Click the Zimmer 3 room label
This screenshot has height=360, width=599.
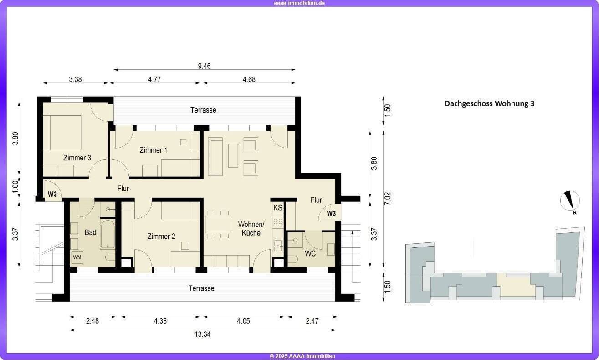pyautogui.click(x=77, y=158)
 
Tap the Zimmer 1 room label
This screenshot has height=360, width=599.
pyautogui.click(x=153, y=150)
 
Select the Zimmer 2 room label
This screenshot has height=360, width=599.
pyautogui.click(x=161, y=237)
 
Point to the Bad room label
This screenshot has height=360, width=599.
pyautogui.click(x=90, y=232)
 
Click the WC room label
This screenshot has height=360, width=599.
pyautogui.click(x=310, y=253)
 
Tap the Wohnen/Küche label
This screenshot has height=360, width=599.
pyautogui.click(x=251, y=228)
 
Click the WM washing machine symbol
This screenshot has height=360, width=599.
pyautogui.click(x=77, y=257)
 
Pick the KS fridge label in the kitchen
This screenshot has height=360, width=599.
pyautogui.click(x=277, y=207)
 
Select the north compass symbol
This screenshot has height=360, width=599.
pyautogui.click(x=570, y=202)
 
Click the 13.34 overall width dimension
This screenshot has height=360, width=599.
pyautogui.click(x=202, y=334)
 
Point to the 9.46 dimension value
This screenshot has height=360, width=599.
pyautogui.click(x=205, y=66)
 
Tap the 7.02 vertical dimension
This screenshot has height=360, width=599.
pyautogui.click(x=388, y=198)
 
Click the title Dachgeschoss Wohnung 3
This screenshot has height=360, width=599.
pyautogui.click(x=489, y=103)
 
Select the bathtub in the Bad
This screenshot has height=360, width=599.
pyautogui.click(x=108, y=234)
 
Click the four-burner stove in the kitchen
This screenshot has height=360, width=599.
pyautogui.click(x=278, y=222)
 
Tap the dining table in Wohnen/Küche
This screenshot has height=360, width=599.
pyautogui.click(x=218, y=224)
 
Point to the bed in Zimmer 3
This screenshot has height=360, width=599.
pyautogui.click(x=62, y=133)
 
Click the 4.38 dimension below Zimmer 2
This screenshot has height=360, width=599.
pyautogui.click(x=160, y=321)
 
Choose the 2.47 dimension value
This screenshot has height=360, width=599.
pyautogui.click(x=312, y=321)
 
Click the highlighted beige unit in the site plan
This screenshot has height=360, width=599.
pyautogui.click(x=515, y=285)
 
